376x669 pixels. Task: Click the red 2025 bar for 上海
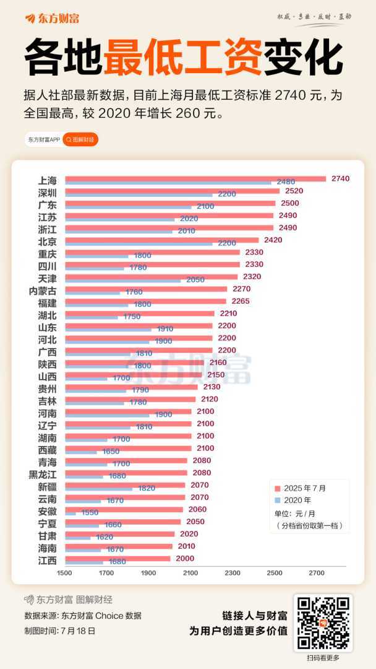(195, 179)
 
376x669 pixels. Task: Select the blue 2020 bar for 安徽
(70, 514)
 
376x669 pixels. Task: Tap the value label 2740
(340, 178)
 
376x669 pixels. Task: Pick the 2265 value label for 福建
(241, 301)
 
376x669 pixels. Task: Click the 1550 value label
(90, 514)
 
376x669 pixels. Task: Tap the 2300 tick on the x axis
(233, 572)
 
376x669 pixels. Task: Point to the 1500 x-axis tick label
(65, 572)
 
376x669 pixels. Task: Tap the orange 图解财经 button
(80, 140)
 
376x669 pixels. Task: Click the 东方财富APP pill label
(43, 140)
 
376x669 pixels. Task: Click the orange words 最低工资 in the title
(183, 58)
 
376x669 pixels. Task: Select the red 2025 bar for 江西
(117, 558)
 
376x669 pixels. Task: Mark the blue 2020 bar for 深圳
(139, 195)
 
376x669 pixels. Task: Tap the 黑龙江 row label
(43, 474)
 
